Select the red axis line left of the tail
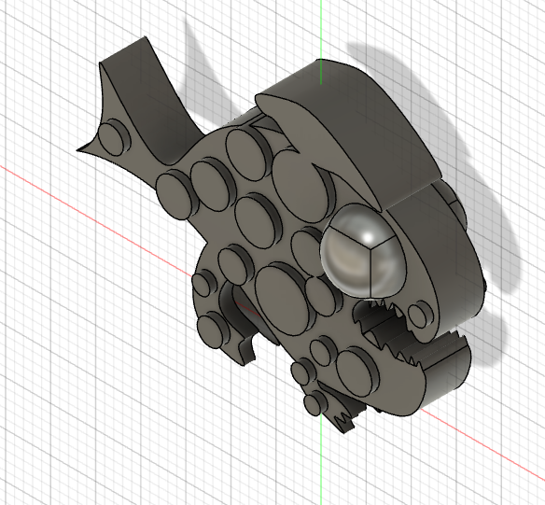pos(37,177)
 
